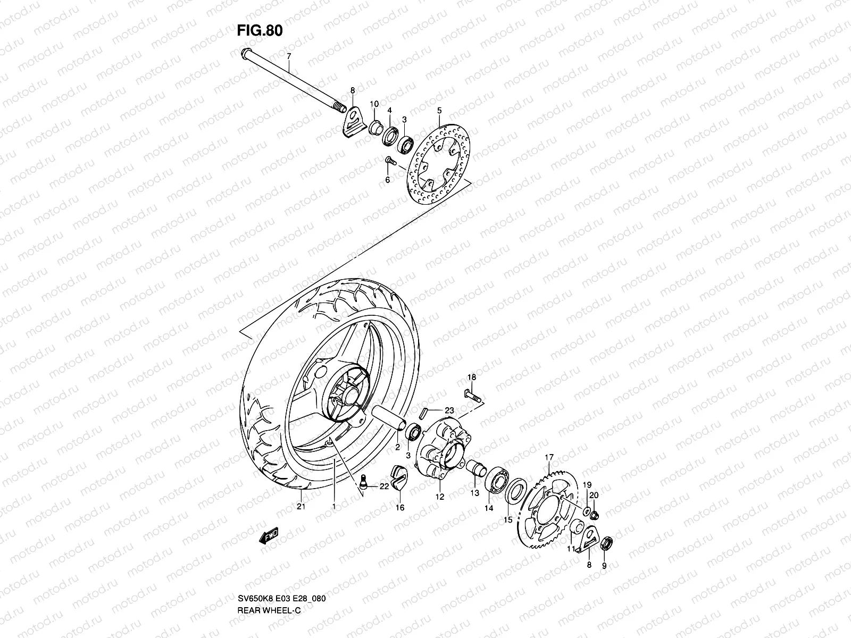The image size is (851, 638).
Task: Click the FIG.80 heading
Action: (x=260, y=30)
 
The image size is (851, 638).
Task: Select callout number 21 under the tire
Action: (x=301, y=506)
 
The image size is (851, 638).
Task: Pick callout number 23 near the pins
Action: (x=449, y=411)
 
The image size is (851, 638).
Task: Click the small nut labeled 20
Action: (x=595, y=514)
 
